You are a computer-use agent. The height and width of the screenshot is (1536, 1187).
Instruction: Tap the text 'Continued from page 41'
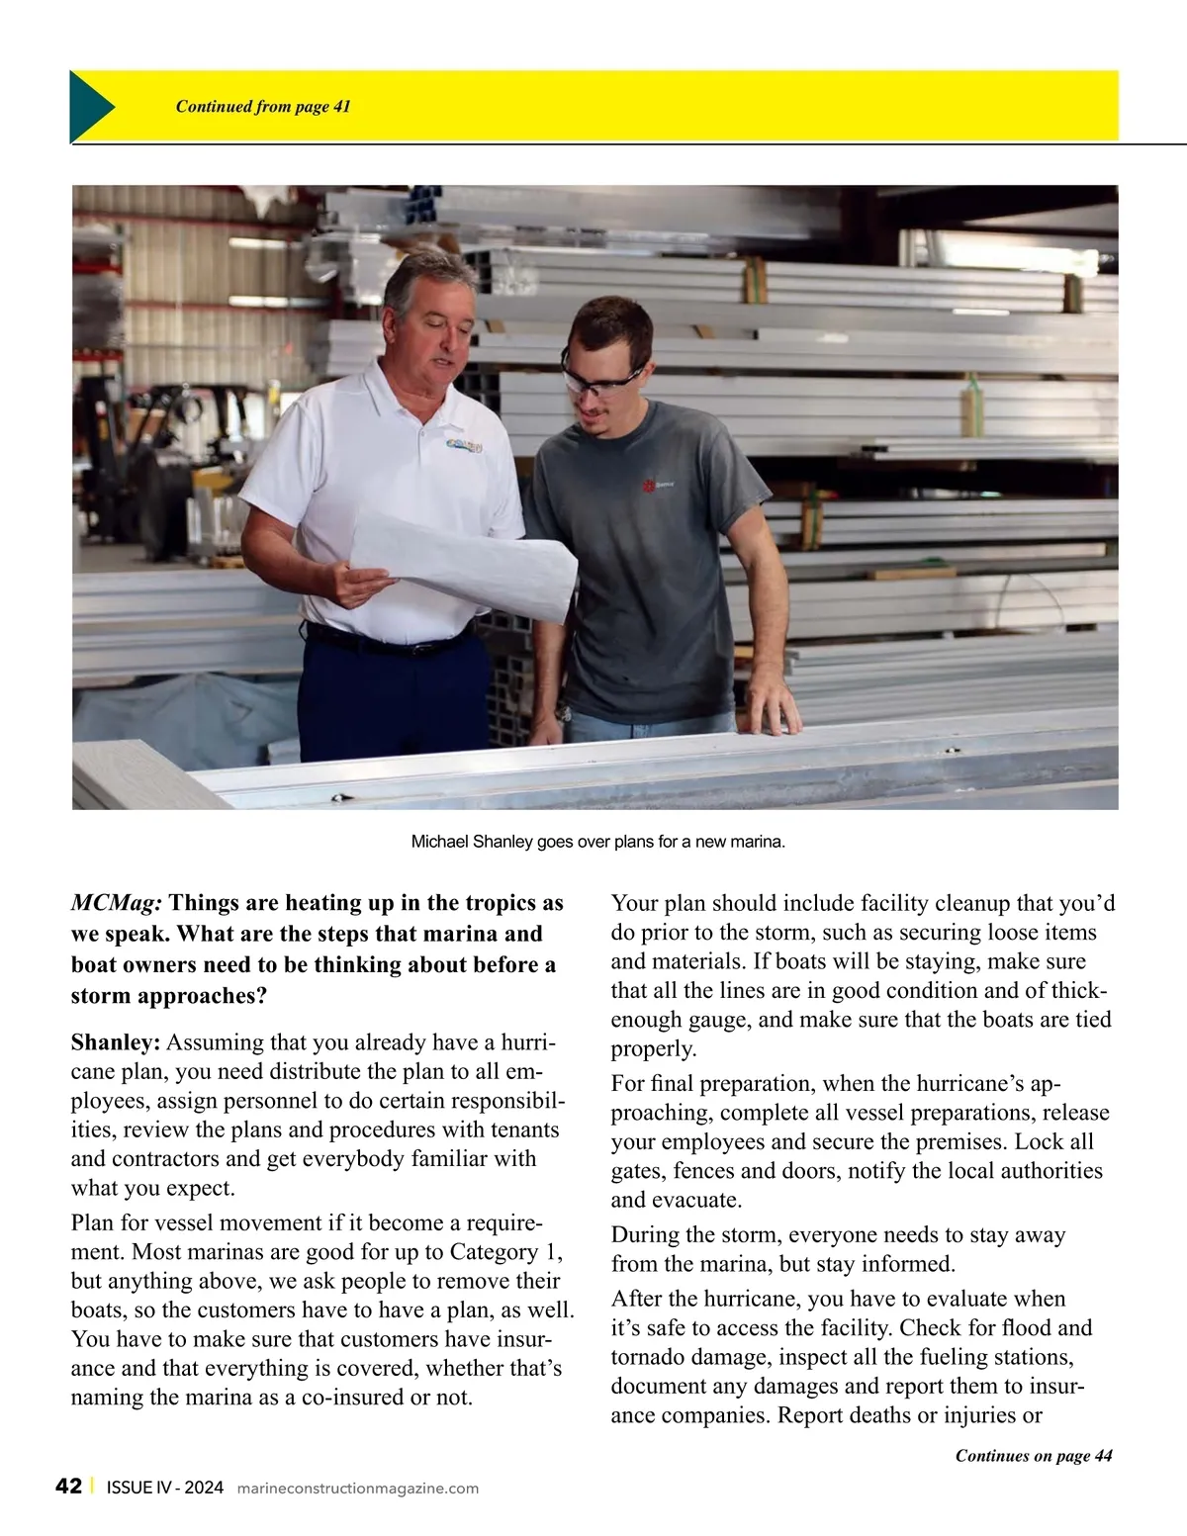pyautogui.click(x=263, y=107)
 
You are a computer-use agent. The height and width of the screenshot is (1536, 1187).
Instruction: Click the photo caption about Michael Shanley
pyautogui.click(x=597, y=842)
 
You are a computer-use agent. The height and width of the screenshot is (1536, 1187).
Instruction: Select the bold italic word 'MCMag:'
pyautogui.click(x=117, y=903)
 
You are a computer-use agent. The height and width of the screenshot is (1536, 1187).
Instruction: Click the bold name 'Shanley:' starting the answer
pyautogui.click(x=115, y=1042)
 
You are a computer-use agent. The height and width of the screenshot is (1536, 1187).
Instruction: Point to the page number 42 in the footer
pyautogui.click(x=68, y=1487)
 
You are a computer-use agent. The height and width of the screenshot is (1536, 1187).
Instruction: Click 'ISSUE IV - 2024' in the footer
pyautogui.click(x=164, y=1488)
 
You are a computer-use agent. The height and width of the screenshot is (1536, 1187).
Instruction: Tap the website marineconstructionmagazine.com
pyautogui.click(x=358, y=1489)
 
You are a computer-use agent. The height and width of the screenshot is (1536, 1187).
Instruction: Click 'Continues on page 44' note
pyautogui.click(x=1033, y=1455)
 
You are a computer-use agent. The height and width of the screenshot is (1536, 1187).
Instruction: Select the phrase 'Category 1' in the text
pyautogui.click(x=503, y=1252)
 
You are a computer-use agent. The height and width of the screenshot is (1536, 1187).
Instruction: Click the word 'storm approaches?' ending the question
pyautogui.click(x=168, y=995)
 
